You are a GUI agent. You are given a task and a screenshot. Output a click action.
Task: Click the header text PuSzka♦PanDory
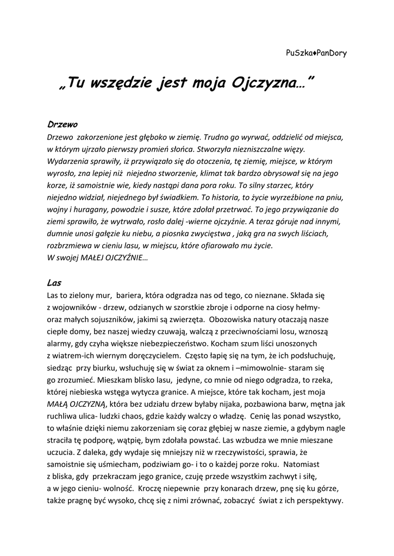click(316, 53)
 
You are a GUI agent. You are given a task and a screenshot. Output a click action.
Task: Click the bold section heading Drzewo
click(63, 124)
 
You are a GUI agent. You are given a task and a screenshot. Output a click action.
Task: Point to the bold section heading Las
click(54, 282)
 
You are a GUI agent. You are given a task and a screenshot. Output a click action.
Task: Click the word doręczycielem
click(155, 356)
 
